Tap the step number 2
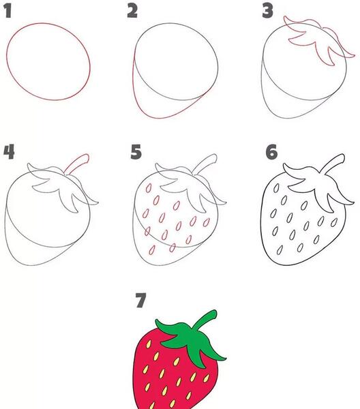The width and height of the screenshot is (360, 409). pos(132,12)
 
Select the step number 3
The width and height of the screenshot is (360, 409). pos(268,12)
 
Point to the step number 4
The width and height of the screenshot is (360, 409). pos(9,152)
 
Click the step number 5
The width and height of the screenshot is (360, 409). pos(136,152)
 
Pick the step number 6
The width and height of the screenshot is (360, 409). pos(271,152)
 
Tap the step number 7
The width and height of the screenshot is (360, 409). pos(141,300)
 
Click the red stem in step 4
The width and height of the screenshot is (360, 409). pos(78,164)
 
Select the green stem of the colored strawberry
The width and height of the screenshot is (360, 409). pos(205,320)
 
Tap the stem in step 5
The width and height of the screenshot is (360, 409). pos(205,164)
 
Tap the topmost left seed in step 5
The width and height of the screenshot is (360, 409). pos(149,188)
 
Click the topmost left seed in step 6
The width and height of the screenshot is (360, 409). pos(276,188)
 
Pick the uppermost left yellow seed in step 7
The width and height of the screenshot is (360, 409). pos(149,344)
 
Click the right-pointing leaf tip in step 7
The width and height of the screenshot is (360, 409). pos(226,359)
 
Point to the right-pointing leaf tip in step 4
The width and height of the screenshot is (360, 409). pos(98,202)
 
